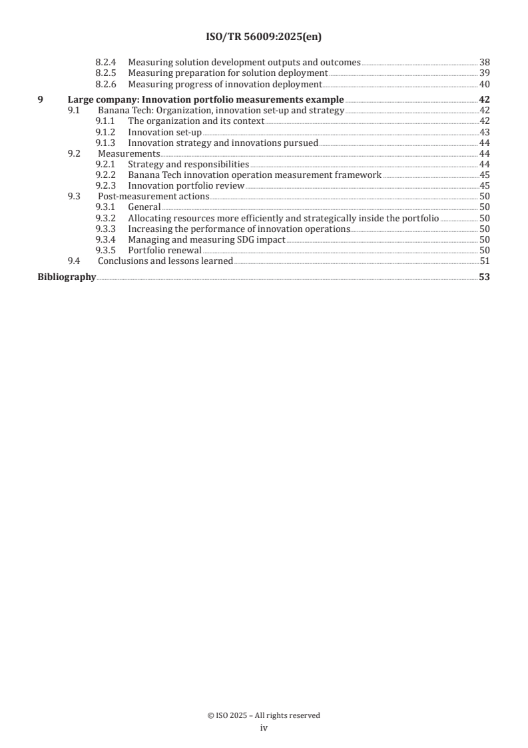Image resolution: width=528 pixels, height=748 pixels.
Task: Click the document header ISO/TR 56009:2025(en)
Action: (264, 37)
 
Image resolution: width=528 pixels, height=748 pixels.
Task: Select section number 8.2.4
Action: (106, 63)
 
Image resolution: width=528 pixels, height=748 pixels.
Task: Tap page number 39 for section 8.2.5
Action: (485, 73)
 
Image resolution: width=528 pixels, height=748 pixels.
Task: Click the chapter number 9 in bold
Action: (40, 100)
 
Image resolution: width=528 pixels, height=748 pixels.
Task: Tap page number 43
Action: (485, 133)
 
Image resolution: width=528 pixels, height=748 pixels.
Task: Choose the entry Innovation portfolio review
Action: (186, 186)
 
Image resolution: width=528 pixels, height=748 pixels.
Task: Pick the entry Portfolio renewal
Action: (164, 250)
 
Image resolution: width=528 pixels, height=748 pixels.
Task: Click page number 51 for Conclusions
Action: (485, 261)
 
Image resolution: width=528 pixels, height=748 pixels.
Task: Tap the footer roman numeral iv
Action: (264, 728)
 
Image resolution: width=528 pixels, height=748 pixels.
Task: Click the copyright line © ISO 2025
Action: (264, 715)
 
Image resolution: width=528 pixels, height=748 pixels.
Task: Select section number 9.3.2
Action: (106, 218)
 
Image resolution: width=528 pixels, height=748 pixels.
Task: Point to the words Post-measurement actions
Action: (153, 197)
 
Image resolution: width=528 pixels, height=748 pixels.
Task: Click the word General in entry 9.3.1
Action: (144, 207)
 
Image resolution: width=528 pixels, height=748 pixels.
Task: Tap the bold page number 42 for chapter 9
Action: (484, 100)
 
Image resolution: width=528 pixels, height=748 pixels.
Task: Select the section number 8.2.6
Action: (106, 84)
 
